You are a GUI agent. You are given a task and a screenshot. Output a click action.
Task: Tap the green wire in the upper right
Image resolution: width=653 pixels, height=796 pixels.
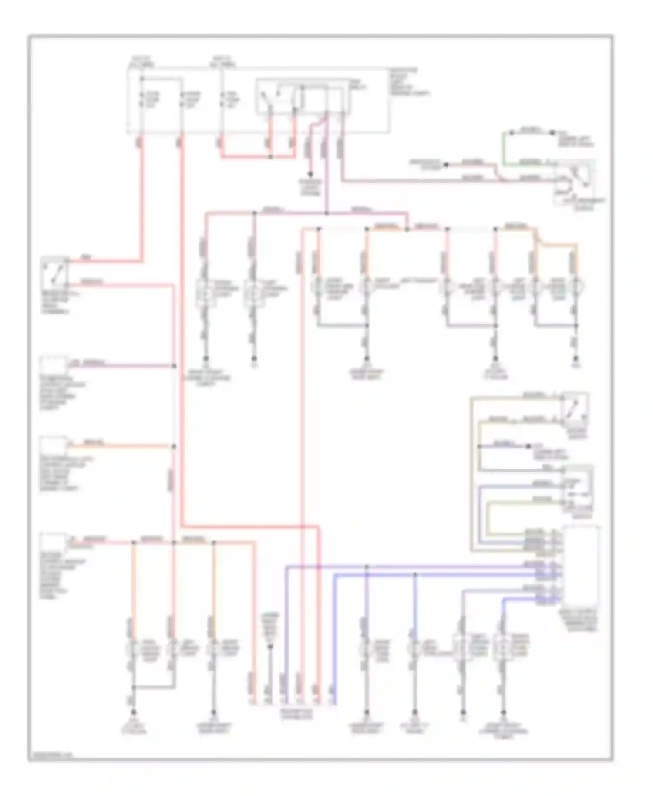[x=504, y=148]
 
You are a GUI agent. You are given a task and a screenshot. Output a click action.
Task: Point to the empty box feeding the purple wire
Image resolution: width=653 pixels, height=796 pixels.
[x=54, y=365]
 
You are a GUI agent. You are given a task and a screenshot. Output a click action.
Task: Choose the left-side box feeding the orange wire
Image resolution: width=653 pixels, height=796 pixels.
[x=54, y=445]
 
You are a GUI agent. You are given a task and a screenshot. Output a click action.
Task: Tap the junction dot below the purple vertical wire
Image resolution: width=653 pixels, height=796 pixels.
[x=326, y=213]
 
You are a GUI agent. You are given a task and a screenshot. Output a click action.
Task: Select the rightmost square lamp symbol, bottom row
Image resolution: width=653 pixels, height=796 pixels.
[x=503, y=648]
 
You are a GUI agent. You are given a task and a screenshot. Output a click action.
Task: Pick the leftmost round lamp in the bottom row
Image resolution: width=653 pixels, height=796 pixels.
[x=133, y=648]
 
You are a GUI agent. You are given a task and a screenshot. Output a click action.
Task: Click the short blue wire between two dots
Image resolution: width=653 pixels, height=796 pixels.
[x=504, y=446]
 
